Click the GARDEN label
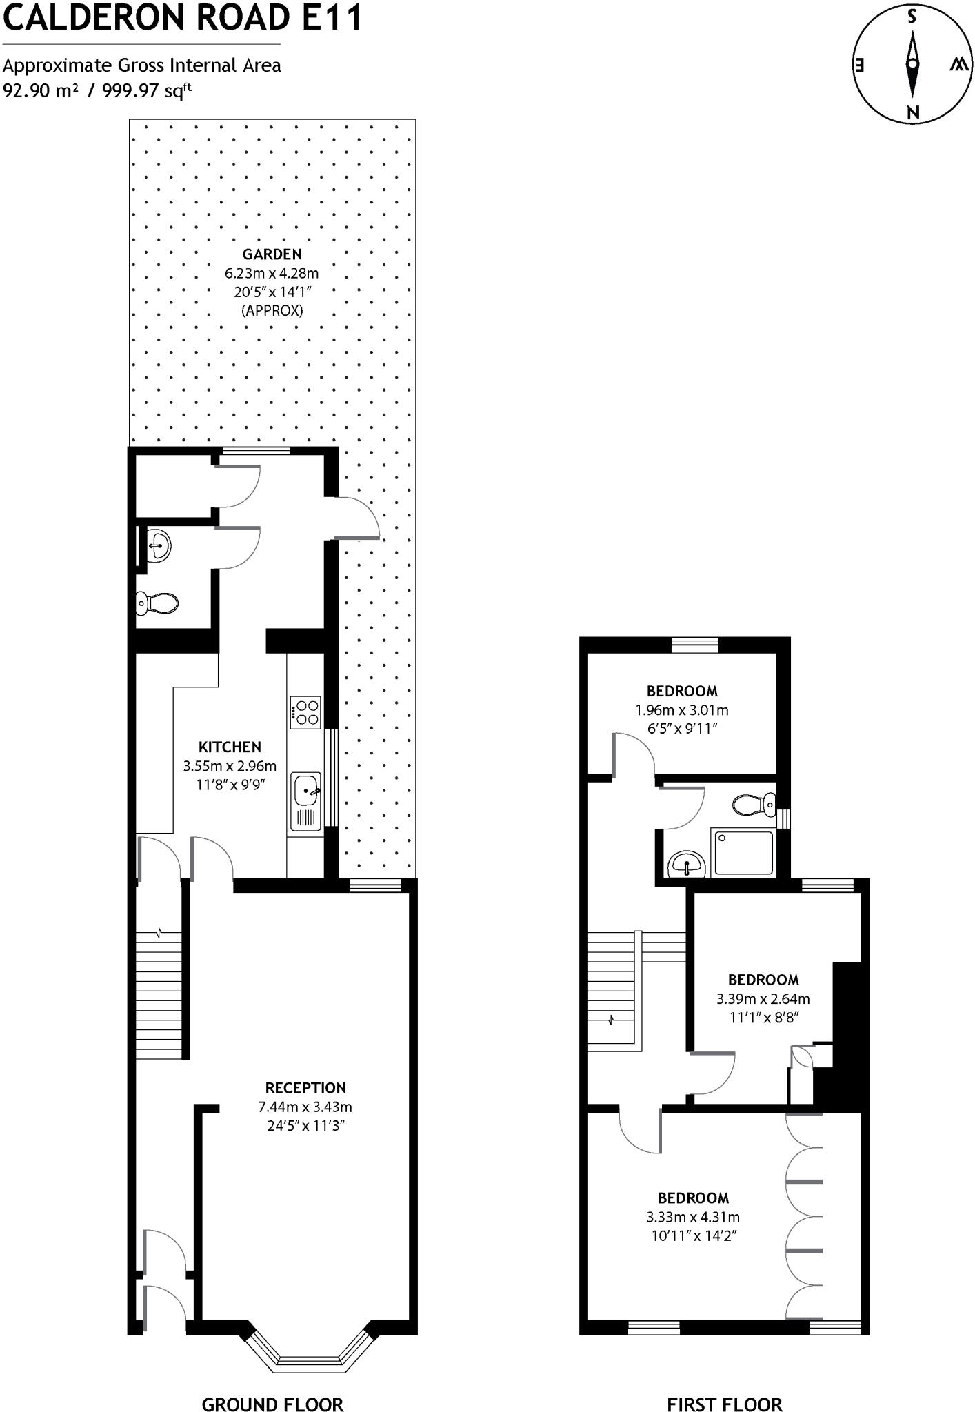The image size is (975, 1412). [272, 254]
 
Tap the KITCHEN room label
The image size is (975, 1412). [230, 747]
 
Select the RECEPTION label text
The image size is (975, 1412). [305, 1088]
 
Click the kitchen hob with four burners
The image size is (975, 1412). [305, 713]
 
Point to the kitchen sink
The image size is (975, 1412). [305, 790]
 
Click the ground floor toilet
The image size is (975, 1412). [157, 603]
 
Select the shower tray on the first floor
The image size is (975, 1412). [743, 854]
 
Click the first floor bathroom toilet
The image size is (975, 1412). [754, 804]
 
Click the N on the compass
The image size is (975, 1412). [913, 113]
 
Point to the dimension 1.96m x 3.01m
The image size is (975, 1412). [681, 710]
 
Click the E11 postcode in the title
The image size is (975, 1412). [334, 17]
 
